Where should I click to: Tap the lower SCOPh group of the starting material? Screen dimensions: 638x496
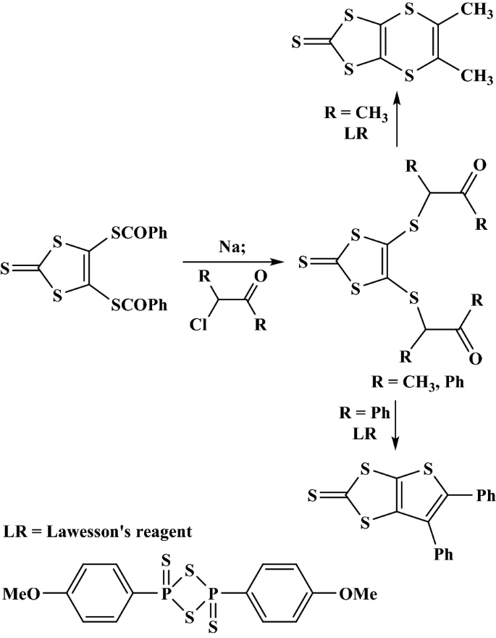coord(140,306)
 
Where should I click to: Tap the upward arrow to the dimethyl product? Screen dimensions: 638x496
coord(398,123)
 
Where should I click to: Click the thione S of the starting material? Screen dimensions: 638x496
coord(7,270)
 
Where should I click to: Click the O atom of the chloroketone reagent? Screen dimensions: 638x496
coord(260,275)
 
